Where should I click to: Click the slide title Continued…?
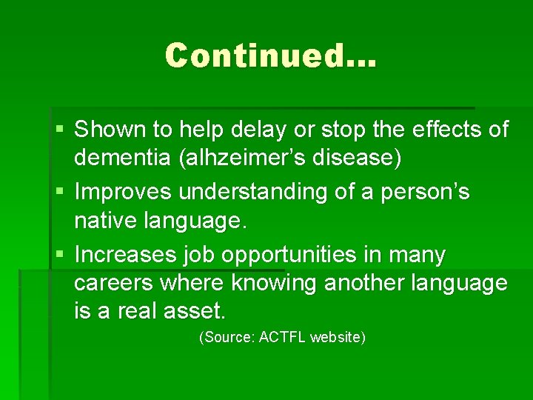click(271, 56)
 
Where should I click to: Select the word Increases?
click(127, 254)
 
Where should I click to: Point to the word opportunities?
click(296, 255)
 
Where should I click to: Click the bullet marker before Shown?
click(59, 130)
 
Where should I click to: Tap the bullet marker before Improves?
click(59, 193)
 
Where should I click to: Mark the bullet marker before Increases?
click(59, 255)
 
